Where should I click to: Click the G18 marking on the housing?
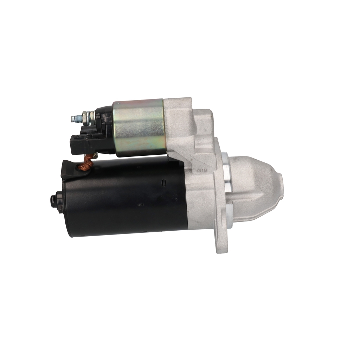tap(202, 171)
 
